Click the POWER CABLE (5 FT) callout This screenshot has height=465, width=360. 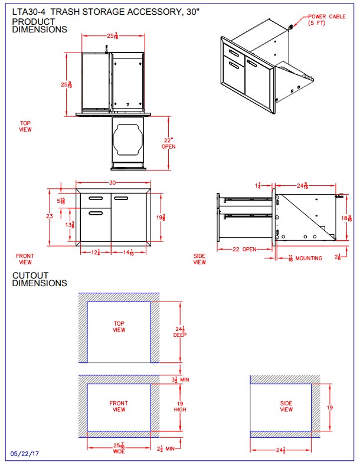tap(325, 20)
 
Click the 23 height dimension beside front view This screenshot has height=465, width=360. tap(50, 217)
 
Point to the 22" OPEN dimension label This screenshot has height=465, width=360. tap(169, 143)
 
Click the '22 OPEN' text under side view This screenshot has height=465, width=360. tap(243, 250)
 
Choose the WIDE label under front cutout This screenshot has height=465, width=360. tap(119, 451)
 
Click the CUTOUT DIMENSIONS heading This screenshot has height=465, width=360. tap(40, 279)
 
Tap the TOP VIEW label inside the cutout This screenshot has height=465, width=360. tap(119, 327)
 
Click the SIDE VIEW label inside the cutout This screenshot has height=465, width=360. tap(286, 407)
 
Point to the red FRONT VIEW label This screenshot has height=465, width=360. tap(25, 259)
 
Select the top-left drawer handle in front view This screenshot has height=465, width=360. tap(95, 197)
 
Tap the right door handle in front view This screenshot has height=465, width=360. tap(122, 197)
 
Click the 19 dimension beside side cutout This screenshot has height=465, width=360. tap(330, 407)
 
